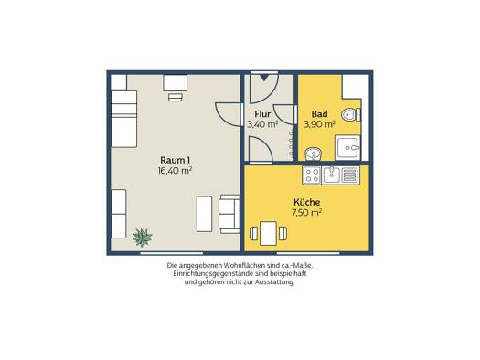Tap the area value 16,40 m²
(176, 170)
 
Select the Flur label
(262, 114)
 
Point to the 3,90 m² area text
(319, 124)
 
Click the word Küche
(306, 202)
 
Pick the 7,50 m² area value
(306, 213)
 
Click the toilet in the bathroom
(351, 115)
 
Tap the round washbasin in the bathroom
(314, 154)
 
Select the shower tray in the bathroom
(347, 148)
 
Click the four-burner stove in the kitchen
(312, 175)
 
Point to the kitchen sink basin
(331, 175)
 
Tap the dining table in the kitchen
(268, 234)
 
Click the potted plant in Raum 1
(143, 238)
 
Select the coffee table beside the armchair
(204, 214)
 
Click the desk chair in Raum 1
(176, 97)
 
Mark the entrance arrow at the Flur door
(264, 78)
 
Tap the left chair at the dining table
(254, 234)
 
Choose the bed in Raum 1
(123, 119)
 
